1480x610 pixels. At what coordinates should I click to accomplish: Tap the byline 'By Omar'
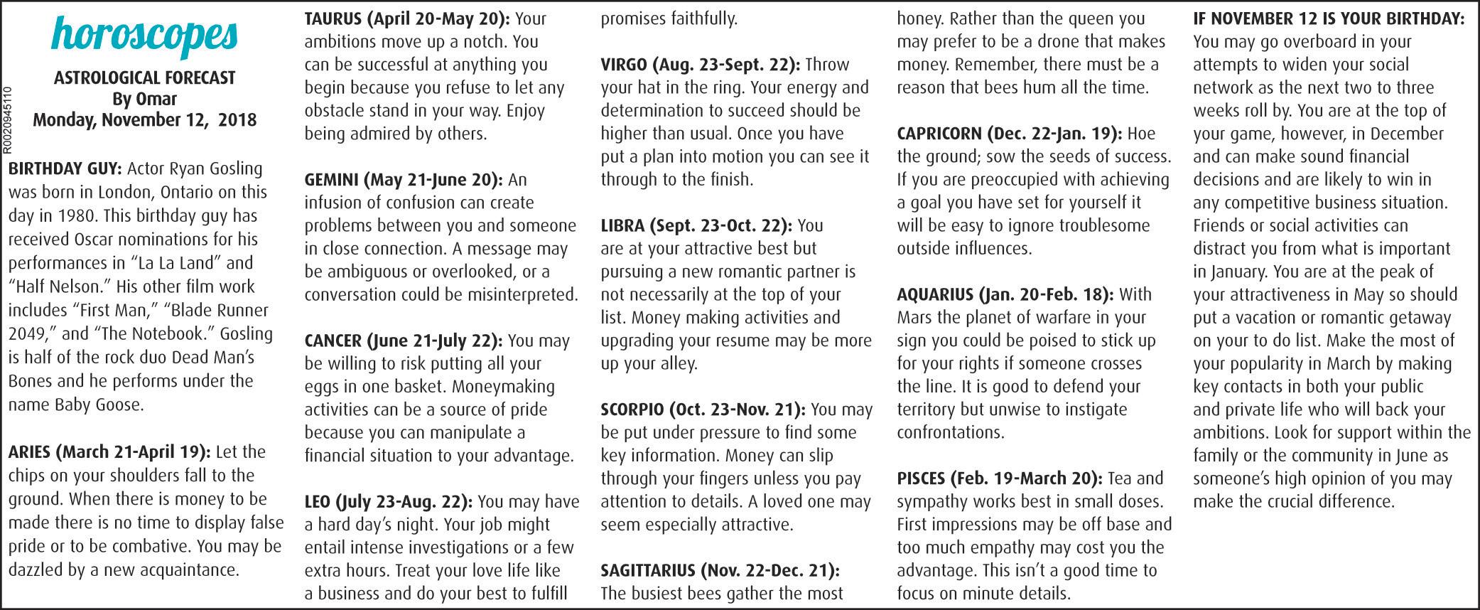tap(144, 99)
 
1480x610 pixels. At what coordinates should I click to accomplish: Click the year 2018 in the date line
tap(237, 119)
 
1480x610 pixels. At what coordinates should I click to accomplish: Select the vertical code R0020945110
tap(7, 119)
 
